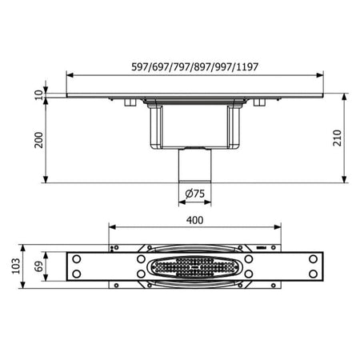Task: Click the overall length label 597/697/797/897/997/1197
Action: coord(194,66)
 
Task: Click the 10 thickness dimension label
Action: coord(39,94)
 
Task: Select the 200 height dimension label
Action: coord(39,140)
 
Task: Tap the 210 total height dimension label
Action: coord(338,138)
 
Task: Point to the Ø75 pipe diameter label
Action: coord(195,194)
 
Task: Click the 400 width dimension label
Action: coord(194,220)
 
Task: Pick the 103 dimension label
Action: coord(16,266)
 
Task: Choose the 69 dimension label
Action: coord(39,266)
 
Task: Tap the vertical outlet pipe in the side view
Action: coord(194,166)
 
